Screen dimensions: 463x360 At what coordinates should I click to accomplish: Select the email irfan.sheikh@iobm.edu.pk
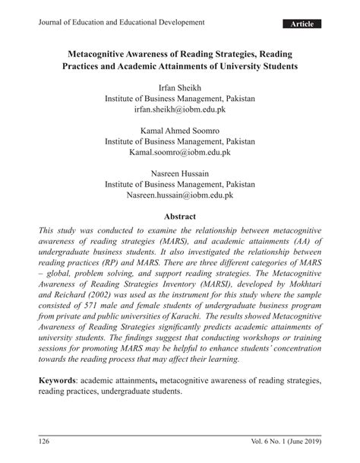point(180,110)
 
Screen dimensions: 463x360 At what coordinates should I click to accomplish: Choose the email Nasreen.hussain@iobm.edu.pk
point(180,197)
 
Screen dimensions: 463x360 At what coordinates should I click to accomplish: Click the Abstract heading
point(180,217)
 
